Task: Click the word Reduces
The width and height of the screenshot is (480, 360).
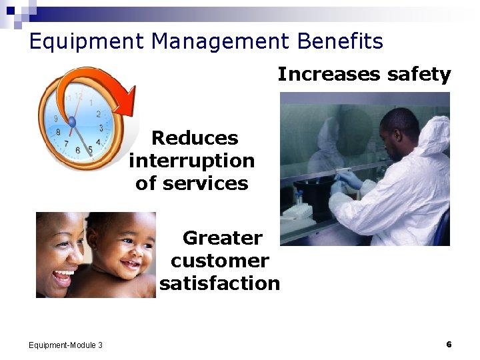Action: pyautogui.click(x=195, y=138)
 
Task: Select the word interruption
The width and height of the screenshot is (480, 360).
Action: pyautogui.click(x=192, y=161)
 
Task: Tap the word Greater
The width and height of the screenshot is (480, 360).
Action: pyautogui.click(x=223, y=238)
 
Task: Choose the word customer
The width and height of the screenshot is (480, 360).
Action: pyautogui.click(x=220, y=261)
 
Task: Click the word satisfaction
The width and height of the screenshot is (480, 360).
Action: pyautogui.click(x=220, y=283)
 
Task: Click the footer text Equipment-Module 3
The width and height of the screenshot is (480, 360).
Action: pyautogui.click(x=66, y=345)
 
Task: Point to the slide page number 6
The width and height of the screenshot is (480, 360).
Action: pyautogui.click(x=449, y=344)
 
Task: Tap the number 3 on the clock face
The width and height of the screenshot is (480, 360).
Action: pyautogui.click(x=101, y=127)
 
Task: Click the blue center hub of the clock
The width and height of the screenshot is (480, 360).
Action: pyautogui.click(x=72, y=122)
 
